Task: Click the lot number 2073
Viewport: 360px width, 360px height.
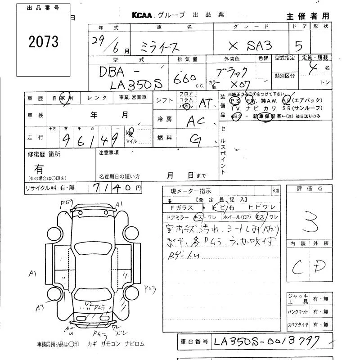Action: pos(43,42)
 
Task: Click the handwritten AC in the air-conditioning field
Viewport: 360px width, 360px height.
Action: pos(194,121)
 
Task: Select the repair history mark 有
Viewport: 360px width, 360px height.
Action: pos(40,169)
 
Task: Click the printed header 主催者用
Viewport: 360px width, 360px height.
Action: pos(308,16)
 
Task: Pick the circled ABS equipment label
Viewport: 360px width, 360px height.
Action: pos(236,116)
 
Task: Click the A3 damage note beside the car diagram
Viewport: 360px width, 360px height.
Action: pos(41,307)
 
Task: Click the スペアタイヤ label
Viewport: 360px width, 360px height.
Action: pos(298,324)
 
